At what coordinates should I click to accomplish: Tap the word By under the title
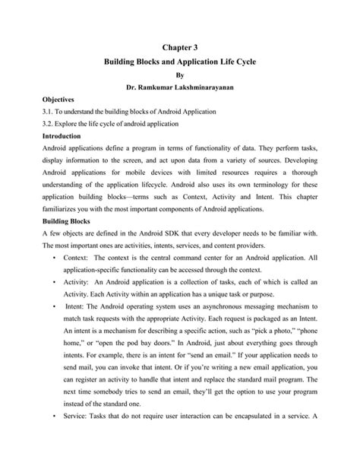click(x=180, y=75)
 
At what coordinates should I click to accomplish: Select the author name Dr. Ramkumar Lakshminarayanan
click(x=180, y=87)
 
